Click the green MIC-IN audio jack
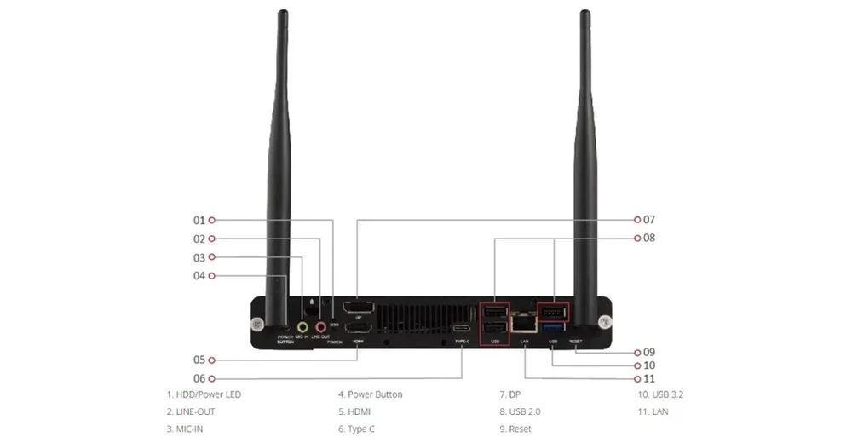point(302,325)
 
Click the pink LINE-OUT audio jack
point(321,325)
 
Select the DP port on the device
point(356,308)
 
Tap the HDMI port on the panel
point(357,328)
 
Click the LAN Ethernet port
point(524,325)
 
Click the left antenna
point(279,170)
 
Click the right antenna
point(584,170)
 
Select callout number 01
point(199,220)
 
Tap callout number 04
point(199,276)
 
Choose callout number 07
point(649,219)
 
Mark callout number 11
point(649,378)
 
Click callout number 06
point(199,378)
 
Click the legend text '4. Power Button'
point(371,394)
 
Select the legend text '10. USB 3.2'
point(660,394)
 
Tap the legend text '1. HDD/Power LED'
point(204,394)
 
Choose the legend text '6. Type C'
point(356,429)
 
